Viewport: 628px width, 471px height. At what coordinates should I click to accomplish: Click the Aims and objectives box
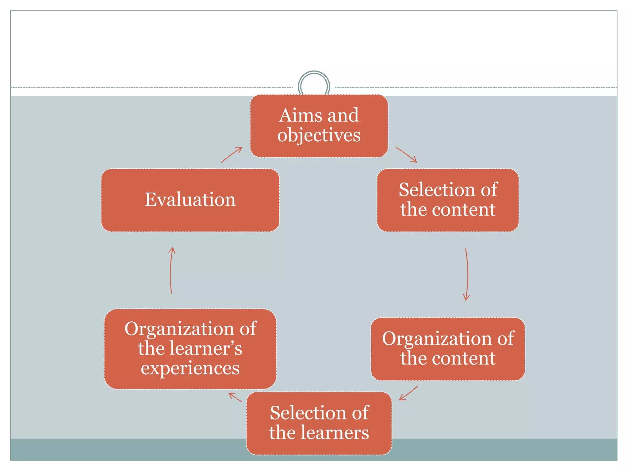click(x=319, y=126)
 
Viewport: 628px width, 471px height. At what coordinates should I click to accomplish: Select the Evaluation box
click(x=190, y=200)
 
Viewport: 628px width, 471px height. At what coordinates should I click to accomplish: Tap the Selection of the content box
click(x=448, y=200)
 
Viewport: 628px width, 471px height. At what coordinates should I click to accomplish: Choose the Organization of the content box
click(x=448, y=349)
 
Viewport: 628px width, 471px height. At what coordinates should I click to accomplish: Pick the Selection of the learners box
click(x=319, y=423)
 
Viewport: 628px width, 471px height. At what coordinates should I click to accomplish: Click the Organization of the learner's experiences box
click(x=190, y=349)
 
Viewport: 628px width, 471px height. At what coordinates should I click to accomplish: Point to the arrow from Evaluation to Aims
click(x=232, y=155)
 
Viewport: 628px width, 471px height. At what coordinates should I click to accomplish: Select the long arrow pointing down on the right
click(x=467, y=274)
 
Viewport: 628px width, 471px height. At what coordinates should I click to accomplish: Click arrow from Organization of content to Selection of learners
click(x=408, y=393)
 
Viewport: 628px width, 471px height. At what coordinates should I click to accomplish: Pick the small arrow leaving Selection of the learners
click(x=235, y=397)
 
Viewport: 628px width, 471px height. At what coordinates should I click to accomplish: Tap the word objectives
click(x=319, y=135)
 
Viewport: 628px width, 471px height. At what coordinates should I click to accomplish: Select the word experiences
click(x=190, y=368)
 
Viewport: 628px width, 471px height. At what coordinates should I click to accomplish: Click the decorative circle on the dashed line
click(x=314, y=86)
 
